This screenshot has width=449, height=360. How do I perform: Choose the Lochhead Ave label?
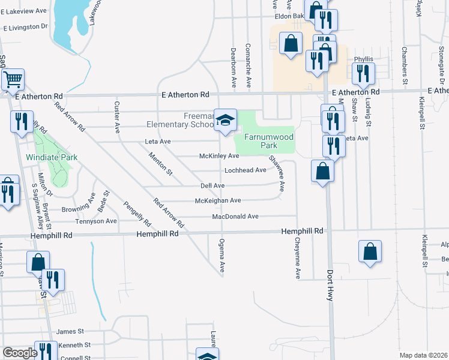245,170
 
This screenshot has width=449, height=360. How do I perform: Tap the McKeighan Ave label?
218,200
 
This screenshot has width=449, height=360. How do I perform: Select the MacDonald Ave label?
235,216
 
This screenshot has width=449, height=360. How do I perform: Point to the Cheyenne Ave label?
297,258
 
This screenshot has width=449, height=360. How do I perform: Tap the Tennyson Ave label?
95,221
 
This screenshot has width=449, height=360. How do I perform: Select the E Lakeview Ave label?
25,11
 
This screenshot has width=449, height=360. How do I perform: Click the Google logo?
20,353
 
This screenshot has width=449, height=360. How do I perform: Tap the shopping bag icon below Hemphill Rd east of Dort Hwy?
370,251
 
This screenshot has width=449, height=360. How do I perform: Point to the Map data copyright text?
424,355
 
